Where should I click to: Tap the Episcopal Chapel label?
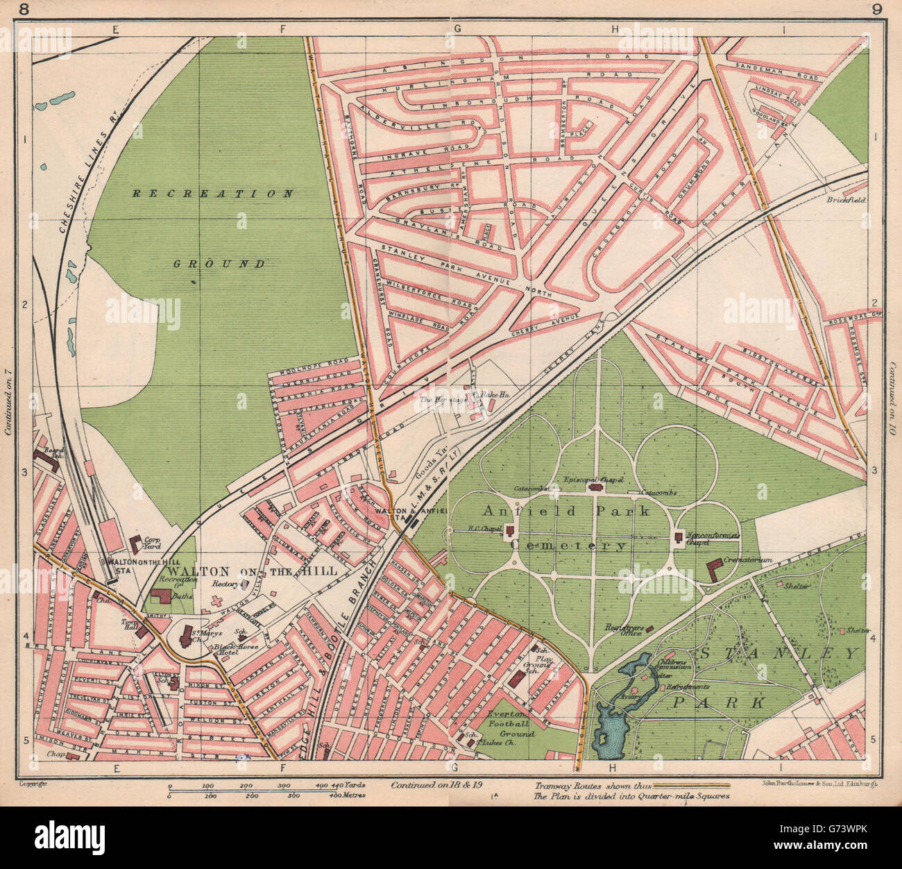pyautogui.click(x=596, y=479)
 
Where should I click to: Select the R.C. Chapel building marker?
pyautogui.click(x=511, y=532)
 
